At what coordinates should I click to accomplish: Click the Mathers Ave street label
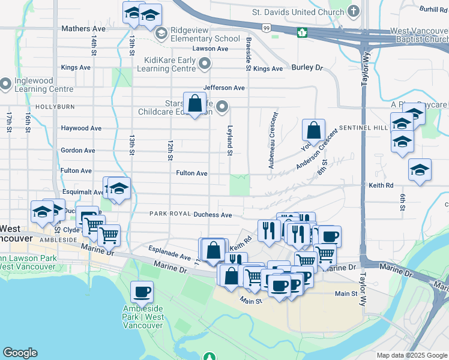pos(83,28)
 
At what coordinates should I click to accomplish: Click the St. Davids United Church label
pos(298,11)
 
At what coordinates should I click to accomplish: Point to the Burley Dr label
pos(307,68)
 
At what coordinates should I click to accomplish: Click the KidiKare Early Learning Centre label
pos(170,64)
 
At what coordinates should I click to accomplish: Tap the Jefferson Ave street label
pos(224,88)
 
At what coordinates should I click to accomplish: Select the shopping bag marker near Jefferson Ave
pos(195,104)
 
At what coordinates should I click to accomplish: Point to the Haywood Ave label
pos(81,128)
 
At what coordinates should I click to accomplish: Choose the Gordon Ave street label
pos(78,151)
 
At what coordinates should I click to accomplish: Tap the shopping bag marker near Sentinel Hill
pos(313,130)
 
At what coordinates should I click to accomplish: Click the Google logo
pos(20,353)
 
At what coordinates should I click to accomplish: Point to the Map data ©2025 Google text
pos(411,355)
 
